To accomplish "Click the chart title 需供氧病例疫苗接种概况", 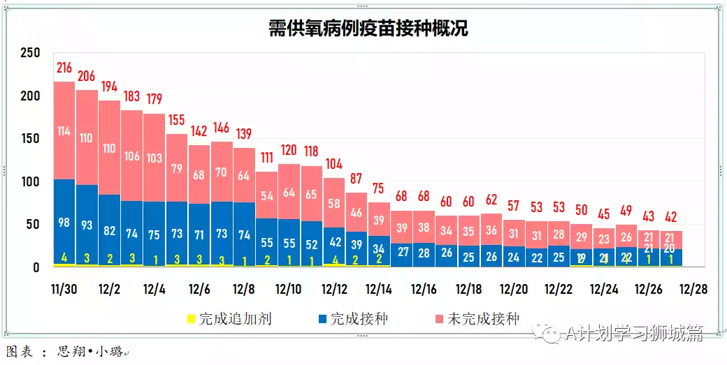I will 368,28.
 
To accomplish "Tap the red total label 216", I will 64,68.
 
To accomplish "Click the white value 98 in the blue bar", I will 64,222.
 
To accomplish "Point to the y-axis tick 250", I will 31,53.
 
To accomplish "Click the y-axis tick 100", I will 31,181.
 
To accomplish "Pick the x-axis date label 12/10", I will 289,289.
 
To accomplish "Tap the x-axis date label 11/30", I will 64,289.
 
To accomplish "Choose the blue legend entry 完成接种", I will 359,320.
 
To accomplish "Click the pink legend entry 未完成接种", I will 483,320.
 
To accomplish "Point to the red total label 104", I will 333,164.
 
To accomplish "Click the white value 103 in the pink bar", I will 154,158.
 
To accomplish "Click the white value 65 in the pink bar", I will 311,194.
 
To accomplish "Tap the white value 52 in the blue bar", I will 311,244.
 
